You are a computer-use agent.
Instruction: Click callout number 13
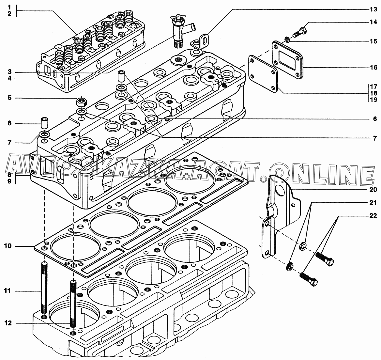(373, 9)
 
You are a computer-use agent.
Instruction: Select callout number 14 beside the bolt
(373, 23)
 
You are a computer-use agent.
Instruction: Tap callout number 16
(373, 67)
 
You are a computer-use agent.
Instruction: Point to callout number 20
(373, 189)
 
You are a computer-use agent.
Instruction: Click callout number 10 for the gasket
(8, 246)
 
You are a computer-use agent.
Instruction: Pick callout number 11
(8, 291)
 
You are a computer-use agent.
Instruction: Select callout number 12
(8, 323)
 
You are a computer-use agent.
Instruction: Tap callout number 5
(9, 98)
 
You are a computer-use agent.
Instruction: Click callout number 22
(373, 216)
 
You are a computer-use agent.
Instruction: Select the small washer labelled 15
(287, 39)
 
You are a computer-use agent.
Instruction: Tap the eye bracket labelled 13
(200, 42)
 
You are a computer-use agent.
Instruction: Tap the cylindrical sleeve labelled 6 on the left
(44, 123)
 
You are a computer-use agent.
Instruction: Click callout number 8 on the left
(9, 175)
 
